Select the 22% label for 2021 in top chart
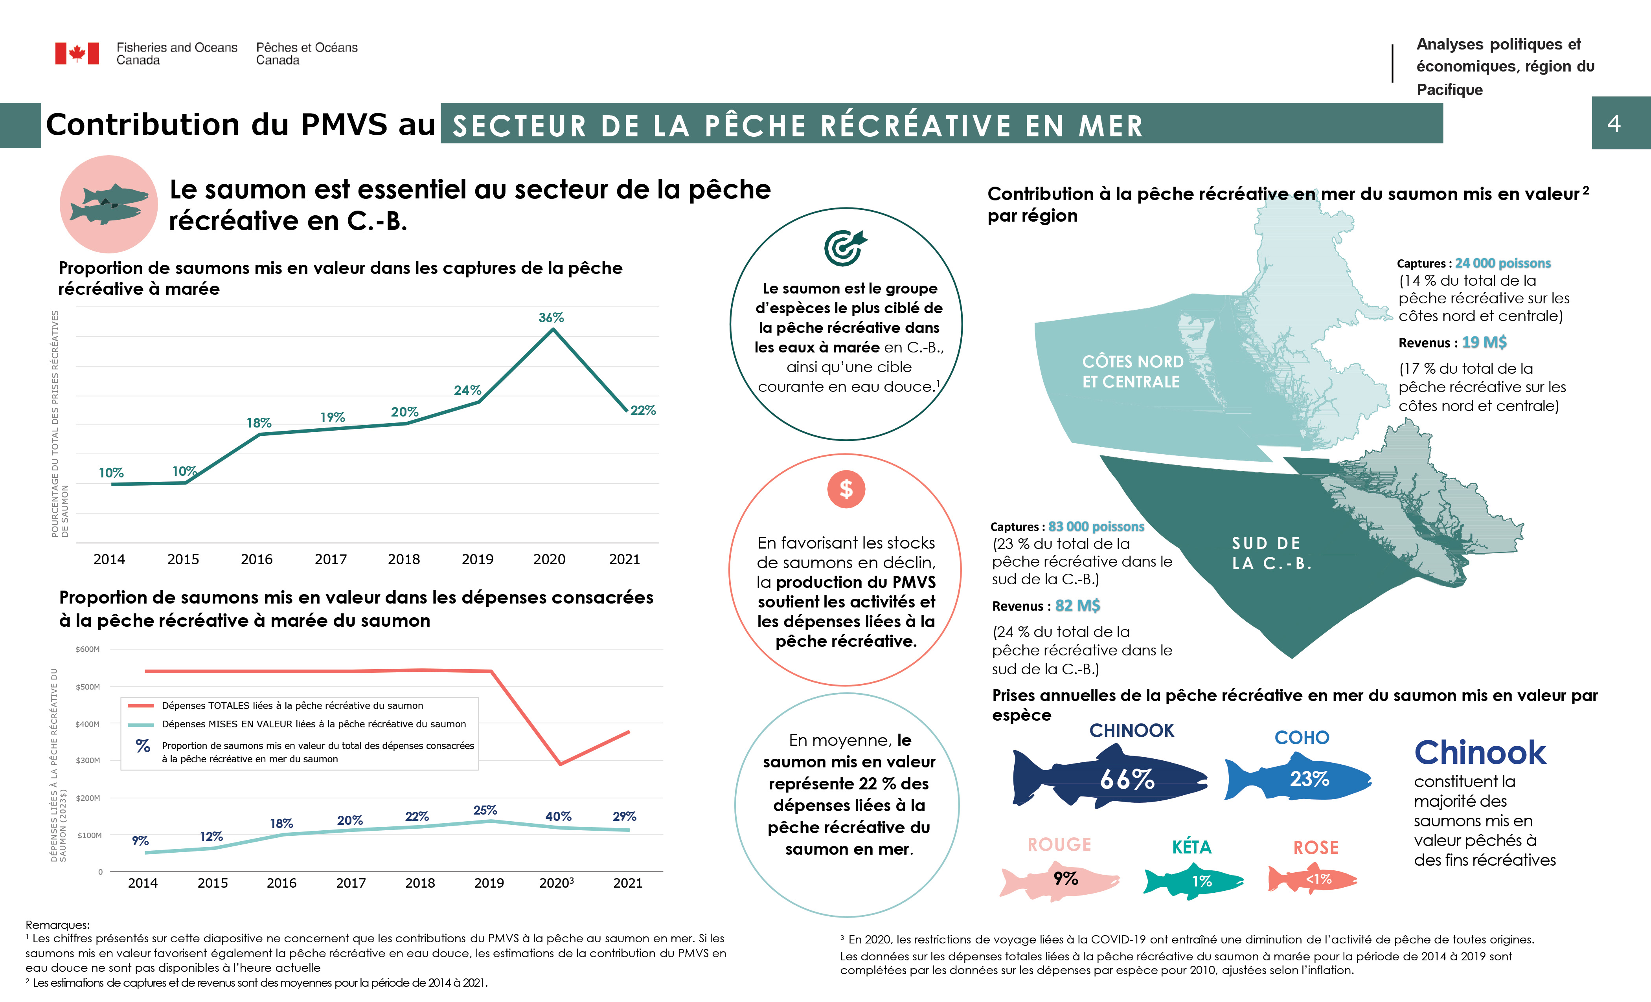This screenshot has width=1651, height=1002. coord(643,411)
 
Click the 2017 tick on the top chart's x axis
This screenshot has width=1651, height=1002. coord(330,559)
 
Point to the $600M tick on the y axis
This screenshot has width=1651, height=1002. coord(88,649)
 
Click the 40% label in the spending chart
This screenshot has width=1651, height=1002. coord(558,817)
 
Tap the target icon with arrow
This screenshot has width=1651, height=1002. coord(846,248)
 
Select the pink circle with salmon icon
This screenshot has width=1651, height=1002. coord(108,204)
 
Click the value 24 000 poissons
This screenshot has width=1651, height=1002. coord(1502,263)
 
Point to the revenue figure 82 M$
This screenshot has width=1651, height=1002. coord(1077,606)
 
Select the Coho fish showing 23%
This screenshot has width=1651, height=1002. coord(1298,779)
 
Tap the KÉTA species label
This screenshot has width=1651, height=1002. coord(1191,847)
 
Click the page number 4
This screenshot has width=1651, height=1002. coord(1614,124)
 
